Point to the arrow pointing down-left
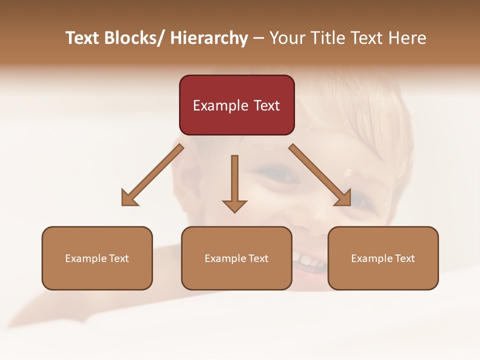click(152, 175)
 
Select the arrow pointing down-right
click(320, 175)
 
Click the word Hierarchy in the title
click(209, 38)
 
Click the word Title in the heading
click(326, 38)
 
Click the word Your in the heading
click(286, 38)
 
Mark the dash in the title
click(258, 38)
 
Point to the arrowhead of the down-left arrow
click(129, 198)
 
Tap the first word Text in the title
click(83, 38)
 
